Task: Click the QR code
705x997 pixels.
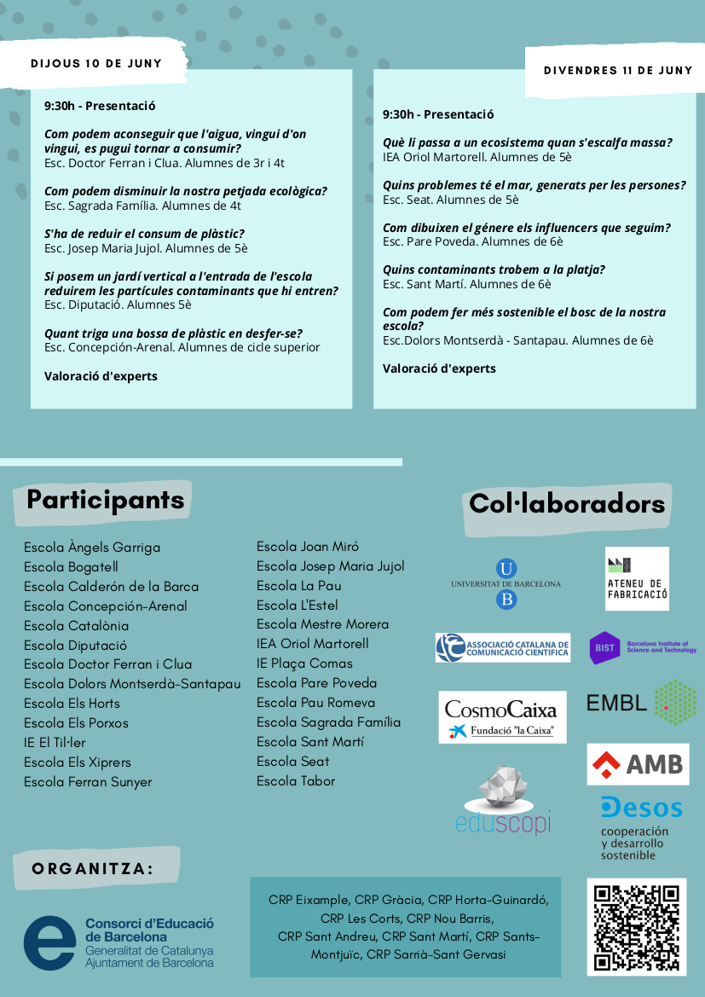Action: pos(636,927)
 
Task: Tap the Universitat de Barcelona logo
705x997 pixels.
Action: pos(506,584)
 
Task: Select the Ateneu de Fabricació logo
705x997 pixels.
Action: pos(637,578)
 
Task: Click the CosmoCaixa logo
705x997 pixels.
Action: pos(501,716)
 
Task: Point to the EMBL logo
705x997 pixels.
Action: pos(641,702)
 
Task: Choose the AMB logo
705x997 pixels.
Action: pos(638,764)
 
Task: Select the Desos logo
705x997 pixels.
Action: pos(641,827)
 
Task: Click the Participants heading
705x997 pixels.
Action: pos(105,500)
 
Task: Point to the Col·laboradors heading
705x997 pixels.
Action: pos(567,504)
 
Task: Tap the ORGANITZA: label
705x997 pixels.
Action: pos(93,869)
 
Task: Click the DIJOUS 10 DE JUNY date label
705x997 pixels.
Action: pos(96,64)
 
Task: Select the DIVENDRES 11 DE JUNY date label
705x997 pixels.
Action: pos(618,71)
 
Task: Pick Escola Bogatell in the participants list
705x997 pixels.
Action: pos(71,567)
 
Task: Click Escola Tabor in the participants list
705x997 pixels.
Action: pos(296,781)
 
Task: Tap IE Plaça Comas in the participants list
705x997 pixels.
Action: pos(304,664)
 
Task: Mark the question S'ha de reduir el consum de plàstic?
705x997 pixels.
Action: pos(144,234)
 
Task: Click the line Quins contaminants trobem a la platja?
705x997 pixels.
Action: pos(494,270)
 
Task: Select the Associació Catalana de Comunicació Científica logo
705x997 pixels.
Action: pos(502,647)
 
